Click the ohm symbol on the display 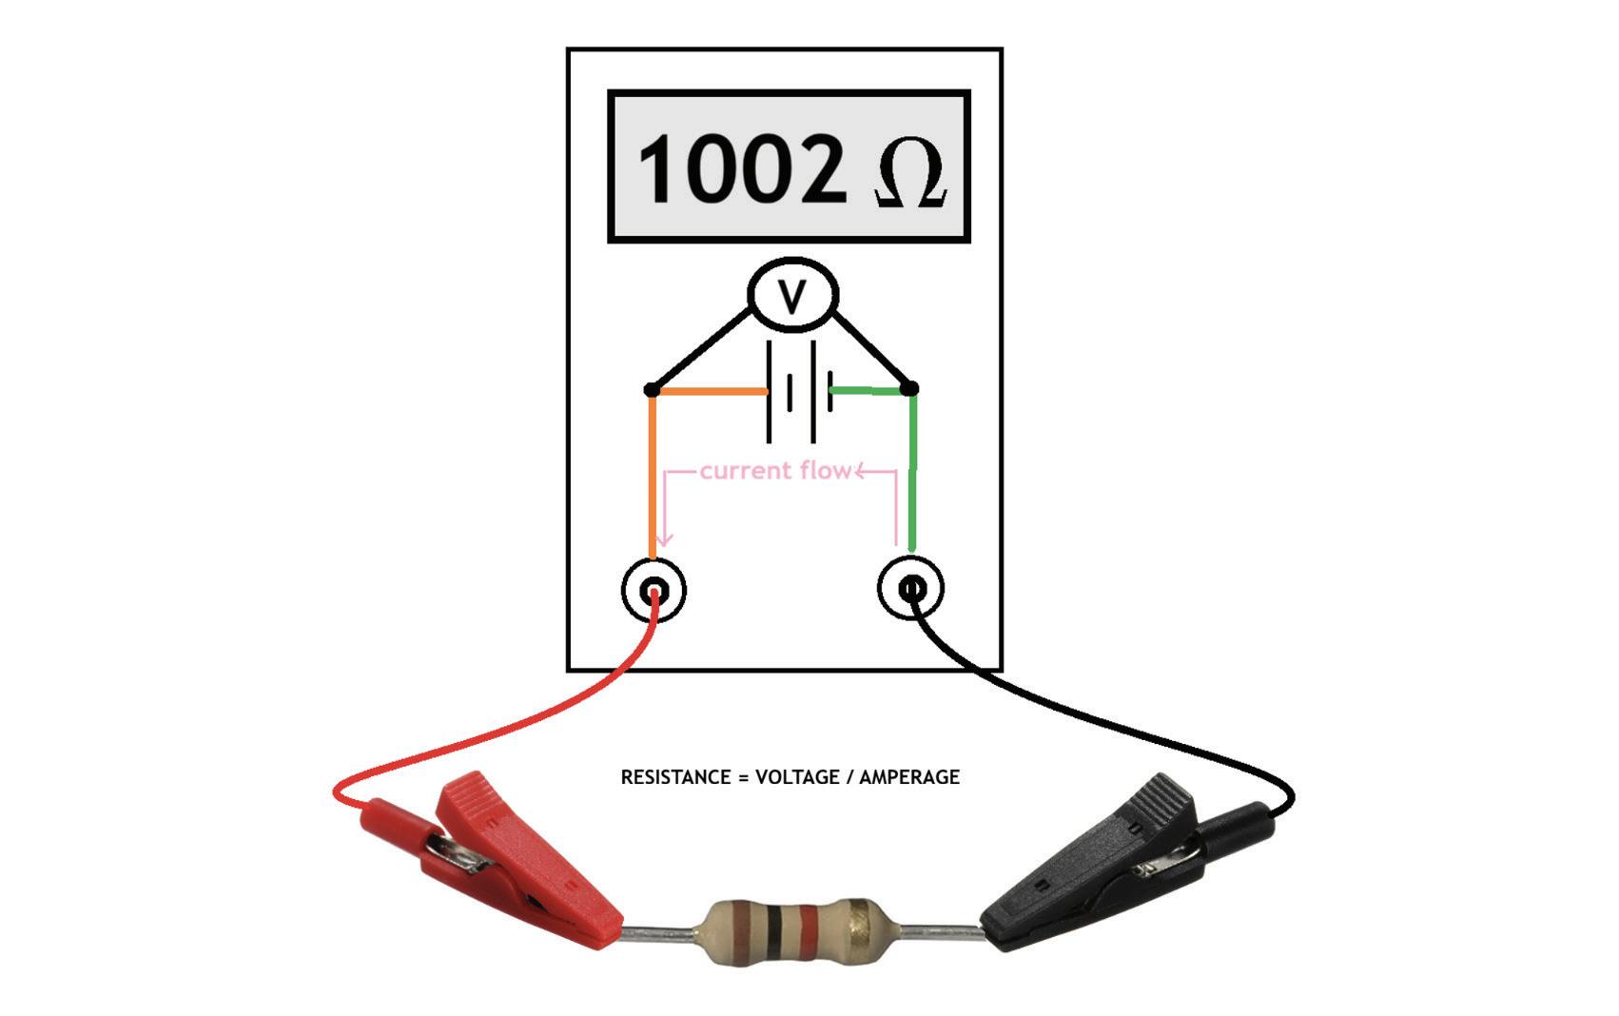click(x=909, y=171)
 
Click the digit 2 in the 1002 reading click(x=809, y=169)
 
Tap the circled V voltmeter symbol click(x=792, y=295)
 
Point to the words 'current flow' click(x=774, y=471)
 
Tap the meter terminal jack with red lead click(x=653, y=591)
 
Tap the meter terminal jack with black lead click(x=910, y=588)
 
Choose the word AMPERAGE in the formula click(x=909, y=777)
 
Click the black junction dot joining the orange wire click(x=652, y=389)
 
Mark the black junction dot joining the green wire click(x=909, y=388)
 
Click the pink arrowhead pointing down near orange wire click(x=665, y=538)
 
